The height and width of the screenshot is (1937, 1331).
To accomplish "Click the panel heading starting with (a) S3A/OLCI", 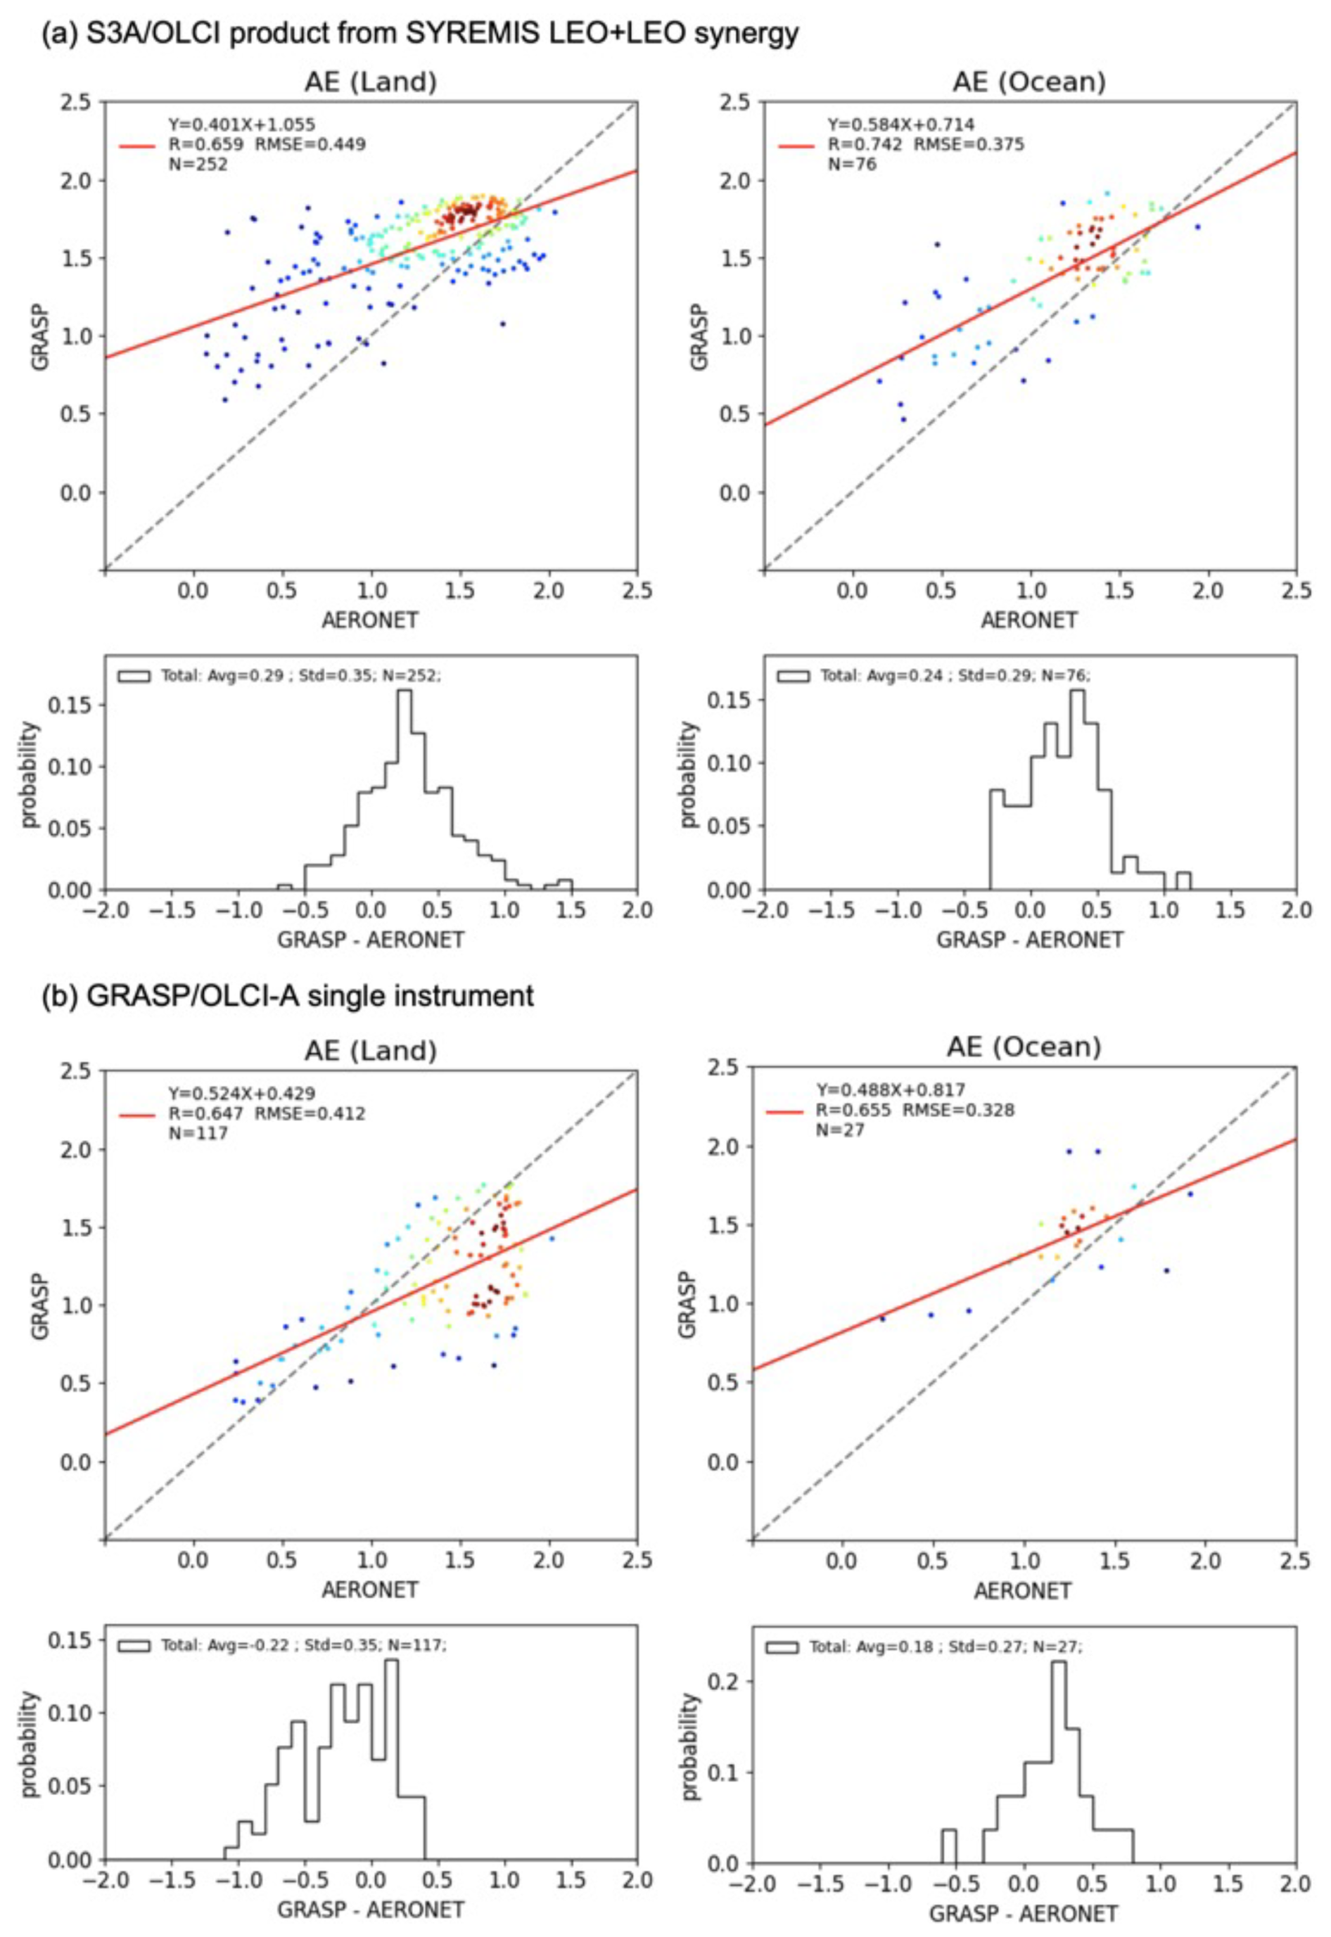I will coord(420,33).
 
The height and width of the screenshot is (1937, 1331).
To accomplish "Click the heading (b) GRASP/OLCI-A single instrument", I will coord(288,996).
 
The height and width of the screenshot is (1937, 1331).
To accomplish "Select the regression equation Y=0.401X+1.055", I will coord(242,125).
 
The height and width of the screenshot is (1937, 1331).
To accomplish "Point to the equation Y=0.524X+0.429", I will coord(242,1093).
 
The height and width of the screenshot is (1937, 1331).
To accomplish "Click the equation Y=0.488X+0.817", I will coord(890,1089).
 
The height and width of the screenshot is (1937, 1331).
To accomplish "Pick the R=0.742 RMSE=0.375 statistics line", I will coord(926,144).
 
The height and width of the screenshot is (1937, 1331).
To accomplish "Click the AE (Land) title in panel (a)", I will coord(370,82).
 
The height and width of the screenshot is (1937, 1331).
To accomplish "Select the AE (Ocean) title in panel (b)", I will coord(1024,1047).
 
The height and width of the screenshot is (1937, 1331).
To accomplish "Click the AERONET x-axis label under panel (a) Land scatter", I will coord(370,620).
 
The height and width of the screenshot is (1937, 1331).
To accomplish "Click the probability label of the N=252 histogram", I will coord(30,774).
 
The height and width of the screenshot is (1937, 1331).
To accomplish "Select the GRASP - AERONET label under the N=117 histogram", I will coord(370,1909).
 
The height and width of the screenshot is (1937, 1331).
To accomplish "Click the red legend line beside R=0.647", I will coord(136,1114).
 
